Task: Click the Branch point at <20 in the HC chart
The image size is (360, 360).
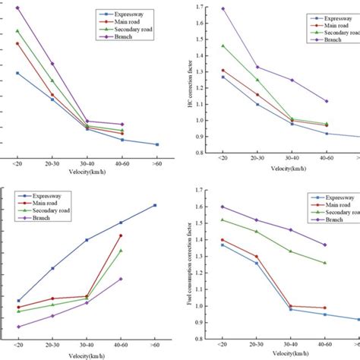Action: coord(223,9)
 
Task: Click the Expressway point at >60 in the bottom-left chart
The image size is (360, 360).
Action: coord(155,205)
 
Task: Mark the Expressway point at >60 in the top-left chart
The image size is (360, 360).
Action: coord(156,144)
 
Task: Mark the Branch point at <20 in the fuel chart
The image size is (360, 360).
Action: coord(223,207)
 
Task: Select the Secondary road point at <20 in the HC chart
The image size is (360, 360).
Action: coord(223,46)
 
